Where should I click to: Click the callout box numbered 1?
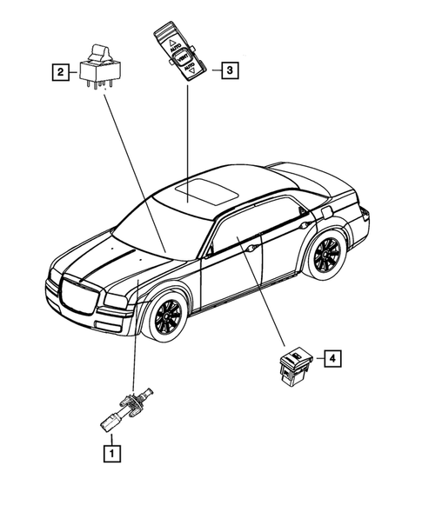click(x=111, y=452)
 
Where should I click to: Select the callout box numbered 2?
click(x=59, y=73)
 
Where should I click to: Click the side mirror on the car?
click(x=210, y=250)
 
